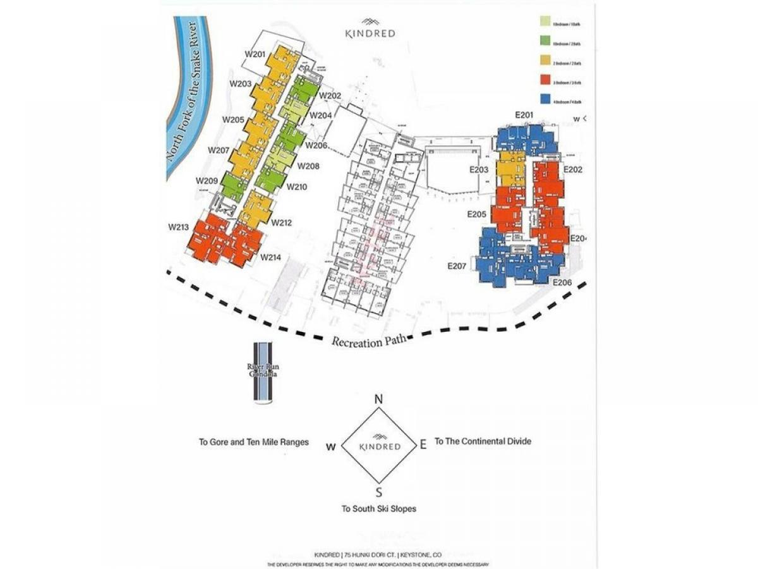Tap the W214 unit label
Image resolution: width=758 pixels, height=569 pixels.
(271, 257)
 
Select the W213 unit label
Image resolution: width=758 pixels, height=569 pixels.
(179, 226)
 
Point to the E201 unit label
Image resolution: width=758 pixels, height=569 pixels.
(524, 115)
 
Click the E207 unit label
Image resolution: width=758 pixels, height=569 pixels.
(456, 266)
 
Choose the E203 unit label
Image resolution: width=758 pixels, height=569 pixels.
(478, 171)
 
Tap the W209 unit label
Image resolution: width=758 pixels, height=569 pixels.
(207, 181)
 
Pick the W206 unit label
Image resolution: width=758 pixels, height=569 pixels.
(316, 145)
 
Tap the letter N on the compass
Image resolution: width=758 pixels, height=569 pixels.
(379, 400)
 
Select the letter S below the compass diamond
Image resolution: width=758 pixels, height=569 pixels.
(379, 492)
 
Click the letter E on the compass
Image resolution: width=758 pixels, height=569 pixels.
(423, 444)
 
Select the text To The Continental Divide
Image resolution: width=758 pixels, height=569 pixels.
(483, 441)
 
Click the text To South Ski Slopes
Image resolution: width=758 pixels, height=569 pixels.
(379, 508)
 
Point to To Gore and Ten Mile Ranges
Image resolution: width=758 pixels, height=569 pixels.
(254, 442)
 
